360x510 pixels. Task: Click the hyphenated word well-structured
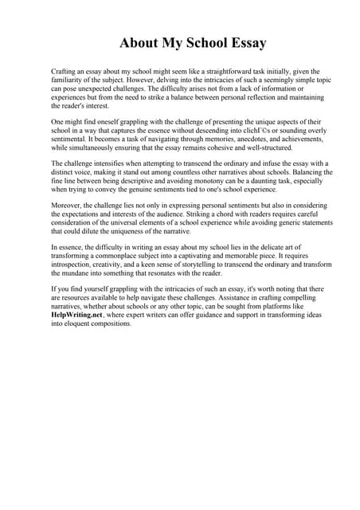(266, 148)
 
